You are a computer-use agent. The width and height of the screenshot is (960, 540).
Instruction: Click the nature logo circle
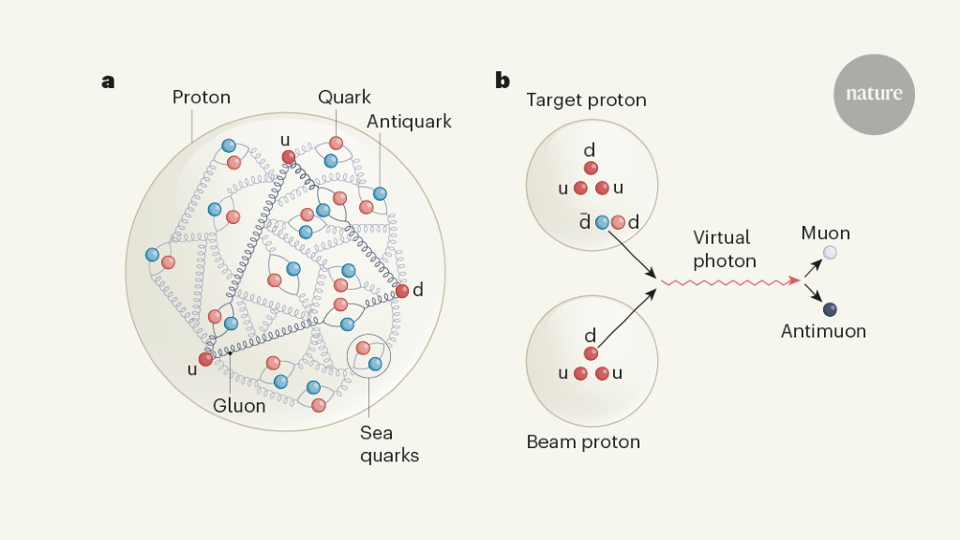(874, 94)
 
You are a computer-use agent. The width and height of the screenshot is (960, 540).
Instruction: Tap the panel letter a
(108, 81)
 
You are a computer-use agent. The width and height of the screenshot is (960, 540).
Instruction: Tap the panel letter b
(502, 81)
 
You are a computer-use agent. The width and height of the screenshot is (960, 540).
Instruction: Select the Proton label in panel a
(201, 97)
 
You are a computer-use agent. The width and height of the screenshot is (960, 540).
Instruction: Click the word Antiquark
(409, 122)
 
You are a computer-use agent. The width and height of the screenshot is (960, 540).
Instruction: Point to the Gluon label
(239, 406)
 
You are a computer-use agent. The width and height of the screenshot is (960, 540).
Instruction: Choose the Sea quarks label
(389, 444)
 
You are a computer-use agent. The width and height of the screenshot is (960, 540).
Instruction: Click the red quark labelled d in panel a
(402, 291)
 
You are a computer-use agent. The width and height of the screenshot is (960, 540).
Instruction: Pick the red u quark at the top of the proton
(289, 157)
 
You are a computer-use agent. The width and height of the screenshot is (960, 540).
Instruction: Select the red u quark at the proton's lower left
(206, 358)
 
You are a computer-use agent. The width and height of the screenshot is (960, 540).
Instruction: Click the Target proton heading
(586, 100)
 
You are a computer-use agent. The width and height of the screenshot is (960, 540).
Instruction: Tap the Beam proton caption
(583, 442)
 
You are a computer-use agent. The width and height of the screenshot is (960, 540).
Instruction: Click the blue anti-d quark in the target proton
(602, 222)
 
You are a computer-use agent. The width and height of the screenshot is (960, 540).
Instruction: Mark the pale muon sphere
(829, 253)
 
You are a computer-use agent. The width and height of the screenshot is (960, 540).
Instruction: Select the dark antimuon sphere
(829, 309)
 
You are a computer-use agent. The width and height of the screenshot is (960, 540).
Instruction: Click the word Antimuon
(823, 331)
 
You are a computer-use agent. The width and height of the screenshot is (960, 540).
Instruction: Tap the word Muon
(825, 232)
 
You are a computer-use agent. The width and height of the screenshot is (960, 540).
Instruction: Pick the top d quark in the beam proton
(591, 353)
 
